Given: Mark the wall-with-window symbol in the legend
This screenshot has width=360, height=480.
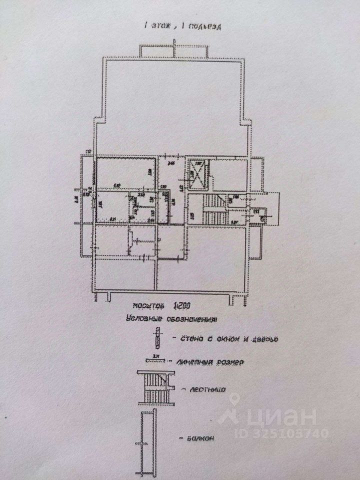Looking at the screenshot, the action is click(x=157, y=338).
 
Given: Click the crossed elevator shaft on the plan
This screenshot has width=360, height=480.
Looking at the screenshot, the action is click(x=197, y=175).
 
